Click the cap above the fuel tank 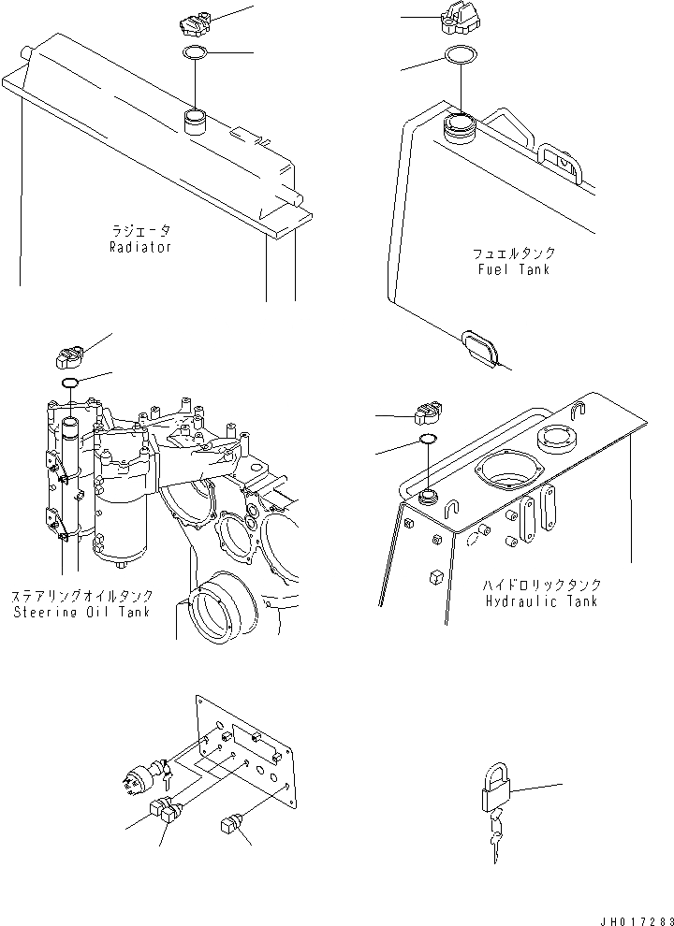459,21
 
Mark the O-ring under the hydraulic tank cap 426,441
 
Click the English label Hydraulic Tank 543,600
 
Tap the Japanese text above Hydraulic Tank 543,585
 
